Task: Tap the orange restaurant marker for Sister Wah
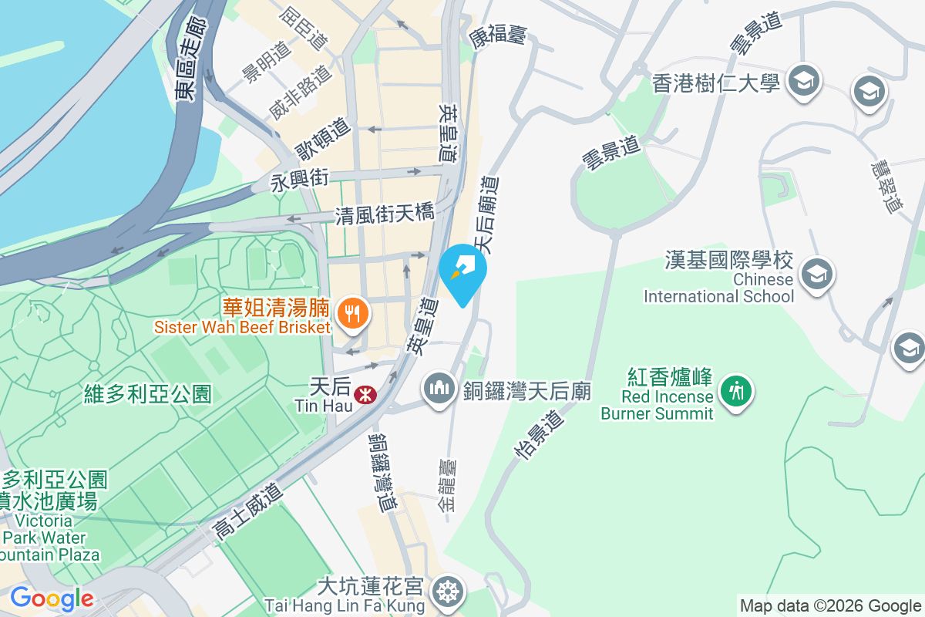pos(352,313)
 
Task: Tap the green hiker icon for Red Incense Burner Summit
pos(736,390)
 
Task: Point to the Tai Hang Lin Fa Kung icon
pos(446,592)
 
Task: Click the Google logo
pos(51,598)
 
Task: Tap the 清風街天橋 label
pos(385,214)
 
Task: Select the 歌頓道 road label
pos(323,140)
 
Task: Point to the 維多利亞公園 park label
pos(147,395)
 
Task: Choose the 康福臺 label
pos(497,35)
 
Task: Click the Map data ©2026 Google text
pos(830,605)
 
